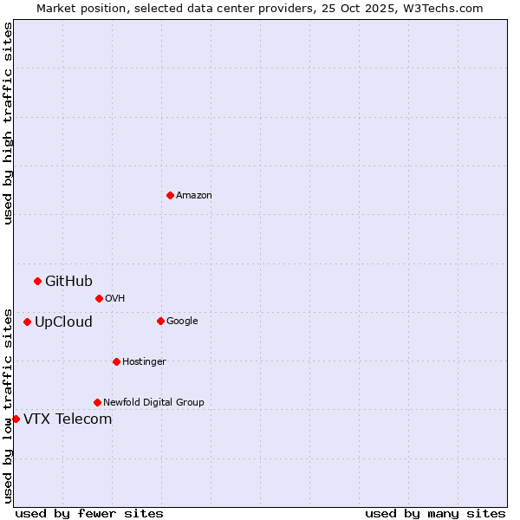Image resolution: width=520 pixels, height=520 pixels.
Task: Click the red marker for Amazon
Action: (x=170, y=195)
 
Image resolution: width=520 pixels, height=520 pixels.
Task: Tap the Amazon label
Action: (x=194, y=196)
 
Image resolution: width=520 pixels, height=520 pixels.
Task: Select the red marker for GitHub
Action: (x=37, y=281)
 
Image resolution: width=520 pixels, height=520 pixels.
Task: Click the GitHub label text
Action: (x=68, y=281)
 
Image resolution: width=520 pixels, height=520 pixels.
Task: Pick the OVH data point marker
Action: (x=99, y=298)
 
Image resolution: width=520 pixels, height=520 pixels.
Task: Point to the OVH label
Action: (x=115, y=299)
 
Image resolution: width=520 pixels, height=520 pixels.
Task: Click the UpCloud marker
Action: (x=27, y=322)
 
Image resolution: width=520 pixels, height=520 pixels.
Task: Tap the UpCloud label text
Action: (x=63, y=322)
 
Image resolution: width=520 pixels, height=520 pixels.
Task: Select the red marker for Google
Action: (x=160, y=321)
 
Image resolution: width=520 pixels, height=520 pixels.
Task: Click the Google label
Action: (x=182, y=322)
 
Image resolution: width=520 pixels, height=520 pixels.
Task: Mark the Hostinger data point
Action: (x=116, y=361)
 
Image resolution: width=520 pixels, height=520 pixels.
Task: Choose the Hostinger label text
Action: (x=144, y=362)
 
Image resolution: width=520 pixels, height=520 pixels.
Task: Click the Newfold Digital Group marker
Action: (x=97, y=402)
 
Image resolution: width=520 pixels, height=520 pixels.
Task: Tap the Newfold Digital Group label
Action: (x=153, y=403)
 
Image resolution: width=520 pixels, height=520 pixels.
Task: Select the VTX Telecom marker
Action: (x=16, y=419)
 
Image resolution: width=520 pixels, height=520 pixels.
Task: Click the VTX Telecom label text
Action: (x=68, y=419)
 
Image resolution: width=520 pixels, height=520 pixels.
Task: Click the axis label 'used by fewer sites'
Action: (x=89, y=513)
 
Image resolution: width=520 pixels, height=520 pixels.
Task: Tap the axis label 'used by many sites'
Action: (x=435, y=513)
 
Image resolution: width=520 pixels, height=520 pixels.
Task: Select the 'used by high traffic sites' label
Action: (x=9, y=123)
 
